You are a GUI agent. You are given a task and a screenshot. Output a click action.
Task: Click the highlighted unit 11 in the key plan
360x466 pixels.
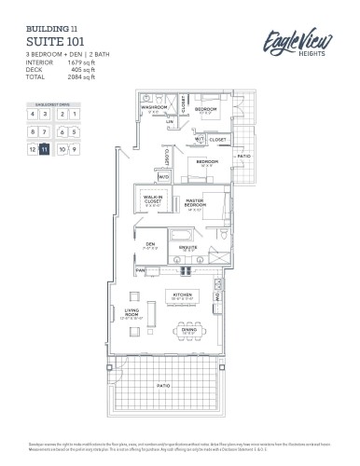click(x=44, y=148)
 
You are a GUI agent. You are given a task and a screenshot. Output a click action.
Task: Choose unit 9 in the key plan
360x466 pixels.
click(x=73, y=148)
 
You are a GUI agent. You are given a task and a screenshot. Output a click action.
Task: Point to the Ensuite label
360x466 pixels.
click(x=189, y=248)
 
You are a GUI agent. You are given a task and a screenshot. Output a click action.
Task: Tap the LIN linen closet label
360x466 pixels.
click(x=171, y=121)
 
